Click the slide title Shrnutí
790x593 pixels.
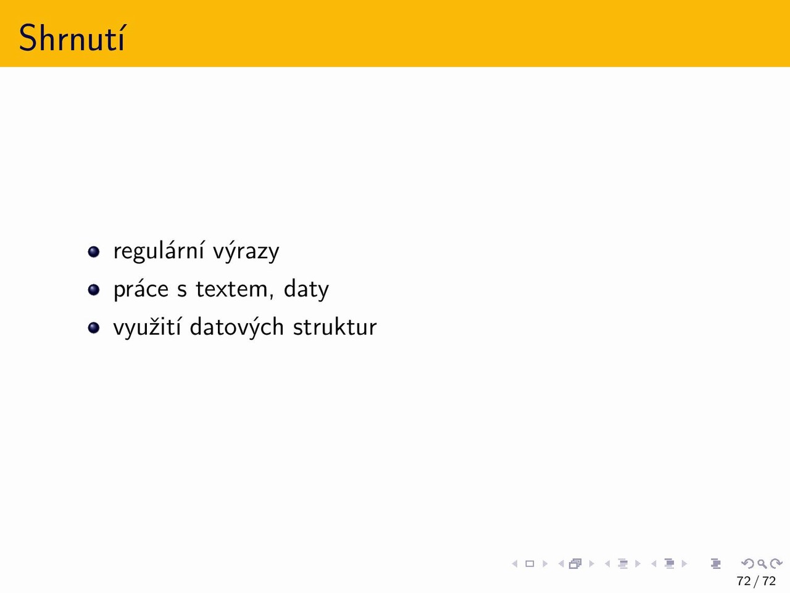pyautogui.click(x=72, y=38)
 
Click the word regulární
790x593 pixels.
pyautogui.click(x=159, y=251)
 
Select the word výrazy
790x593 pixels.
pyautogui.click(x=246, y=251)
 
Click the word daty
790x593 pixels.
pyautogui.click(x=306, y=289)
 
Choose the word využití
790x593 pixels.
pyautogui.click(x=148, y=327)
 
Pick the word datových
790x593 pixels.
pyautogui.click(x=237, y=327)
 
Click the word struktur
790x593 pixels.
pyautogui.click(x=335, y=327)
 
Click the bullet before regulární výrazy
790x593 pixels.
pyautogui.click(x=94, y=251)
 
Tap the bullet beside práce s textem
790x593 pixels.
pyautogui.click(x=94, y=290)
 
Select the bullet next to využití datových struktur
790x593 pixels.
pyautogui.click(x=94, y=327)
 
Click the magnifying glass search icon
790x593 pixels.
pyautogui.click(x=762, y=563)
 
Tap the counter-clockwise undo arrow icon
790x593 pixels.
pyautogui.click(x=747, y=563)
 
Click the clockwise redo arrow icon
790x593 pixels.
pyautogui.click(x=776, y=563)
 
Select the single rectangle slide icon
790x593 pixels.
pyautogui.click(x=530, y=563)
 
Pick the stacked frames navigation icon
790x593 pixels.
pyautogui.click(x=575, y=563)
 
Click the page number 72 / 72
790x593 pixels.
pyautogui.click(x=756, y=581)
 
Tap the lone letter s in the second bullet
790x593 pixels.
pyautogui.click(x=181, y=290)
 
